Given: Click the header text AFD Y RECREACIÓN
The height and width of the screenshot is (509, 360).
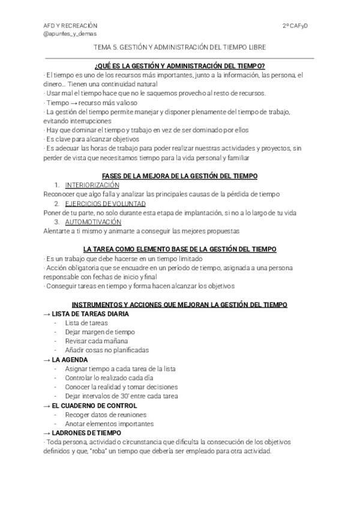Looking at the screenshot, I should (x=70, y=26).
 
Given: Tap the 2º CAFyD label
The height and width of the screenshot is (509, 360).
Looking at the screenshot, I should (x=299, y=26).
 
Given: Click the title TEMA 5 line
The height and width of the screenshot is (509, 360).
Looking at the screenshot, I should (x=180, y=47).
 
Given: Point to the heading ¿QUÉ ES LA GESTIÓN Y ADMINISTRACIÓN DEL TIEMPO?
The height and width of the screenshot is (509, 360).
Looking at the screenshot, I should (x=180, y=65).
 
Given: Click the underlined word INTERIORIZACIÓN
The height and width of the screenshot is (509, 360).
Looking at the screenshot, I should (x=92, y=185).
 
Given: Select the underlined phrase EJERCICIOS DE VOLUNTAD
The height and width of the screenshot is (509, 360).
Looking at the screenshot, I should (x=105, y=203).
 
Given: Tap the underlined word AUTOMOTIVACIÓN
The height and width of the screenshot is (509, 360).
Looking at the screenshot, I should (x=93, y=221).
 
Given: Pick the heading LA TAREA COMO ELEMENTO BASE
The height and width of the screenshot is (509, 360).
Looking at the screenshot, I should (x=180, y=249).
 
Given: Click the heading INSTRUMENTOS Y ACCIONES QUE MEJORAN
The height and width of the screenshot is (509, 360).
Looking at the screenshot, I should (x=180, y=305).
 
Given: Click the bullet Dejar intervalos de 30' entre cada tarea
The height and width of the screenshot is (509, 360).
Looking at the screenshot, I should (x=121, y=396).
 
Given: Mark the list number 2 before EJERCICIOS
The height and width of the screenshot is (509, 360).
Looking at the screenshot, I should (x=56, y=203).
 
